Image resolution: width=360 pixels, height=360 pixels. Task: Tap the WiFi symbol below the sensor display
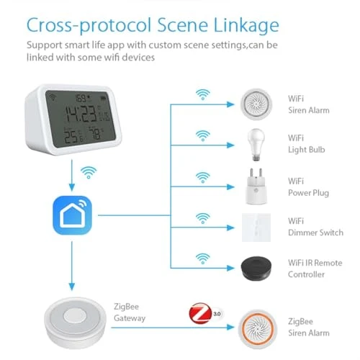click(89, 173)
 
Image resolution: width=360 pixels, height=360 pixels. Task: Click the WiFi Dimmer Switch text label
click(315, 227)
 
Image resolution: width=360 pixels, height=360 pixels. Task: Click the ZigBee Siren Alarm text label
click(309, 327)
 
